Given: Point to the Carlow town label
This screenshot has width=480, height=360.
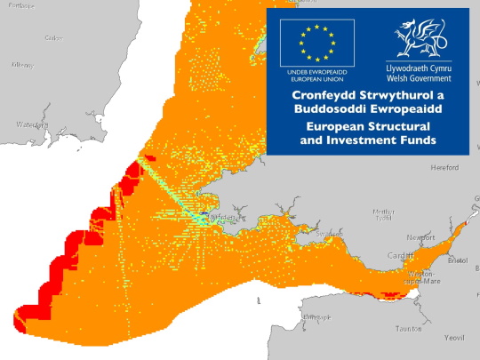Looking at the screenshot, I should (52, 37).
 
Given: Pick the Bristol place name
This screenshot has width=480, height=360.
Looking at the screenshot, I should (457, 261).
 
